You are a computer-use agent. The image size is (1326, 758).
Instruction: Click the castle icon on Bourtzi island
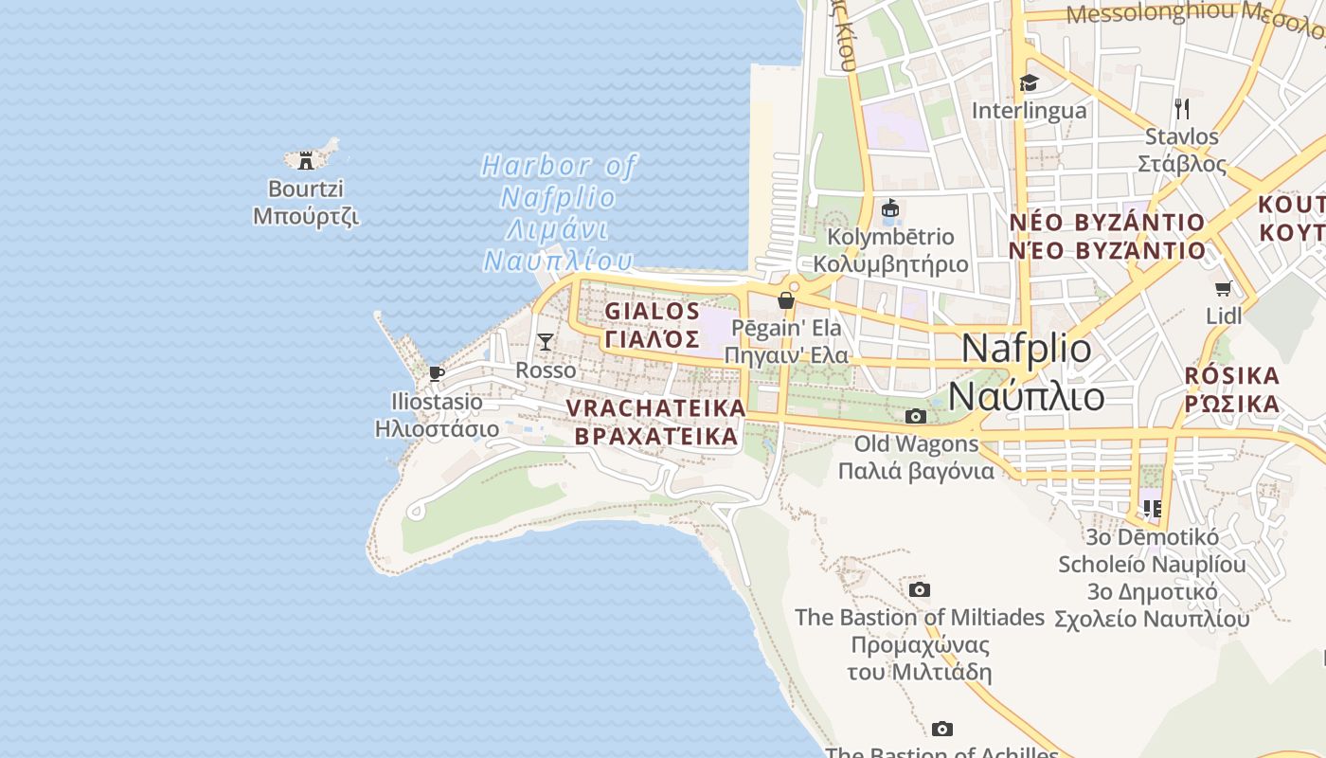pos(305,160)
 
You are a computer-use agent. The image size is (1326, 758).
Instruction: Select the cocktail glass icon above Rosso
pos(546,341)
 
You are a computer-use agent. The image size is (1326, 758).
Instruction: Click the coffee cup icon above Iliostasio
pos(437,374)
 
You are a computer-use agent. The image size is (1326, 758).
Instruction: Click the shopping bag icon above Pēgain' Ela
pos(786,300)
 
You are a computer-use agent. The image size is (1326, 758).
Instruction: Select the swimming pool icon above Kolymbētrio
pos(889,208)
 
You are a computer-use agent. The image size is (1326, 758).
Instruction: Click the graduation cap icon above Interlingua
pos(1029,82)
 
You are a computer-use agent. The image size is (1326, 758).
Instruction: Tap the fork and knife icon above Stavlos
pos(1181,108)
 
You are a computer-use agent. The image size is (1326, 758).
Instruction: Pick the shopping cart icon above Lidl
pos(1224,288)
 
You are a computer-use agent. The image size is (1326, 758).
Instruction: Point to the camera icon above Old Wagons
pos(915,416)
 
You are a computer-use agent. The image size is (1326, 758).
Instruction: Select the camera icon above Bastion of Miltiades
pos(919,589)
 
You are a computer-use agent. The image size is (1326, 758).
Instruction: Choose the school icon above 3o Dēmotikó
pos(1153,509)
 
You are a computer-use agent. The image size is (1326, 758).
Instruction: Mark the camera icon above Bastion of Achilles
pos(941,728)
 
